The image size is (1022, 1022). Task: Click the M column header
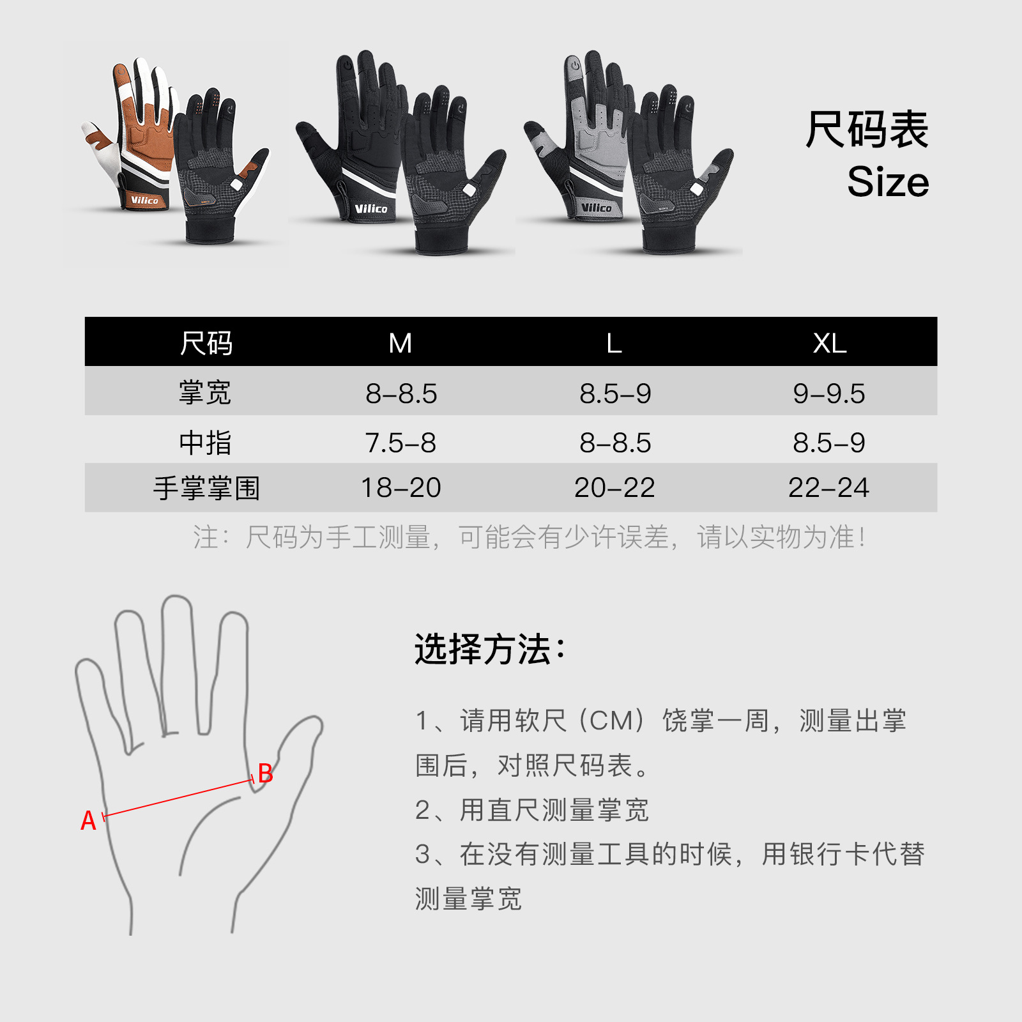click(400, 343)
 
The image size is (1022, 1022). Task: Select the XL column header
click(830, 343)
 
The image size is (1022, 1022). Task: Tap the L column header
click(614, 343)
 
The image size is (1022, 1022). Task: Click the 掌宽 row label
click(205, 392)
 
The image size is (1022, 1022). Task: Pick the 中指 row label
click(205, 442)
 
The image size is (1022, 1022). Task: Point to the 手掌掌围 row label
click(206, 488)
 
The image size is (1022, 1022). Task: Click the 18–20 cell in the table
click(401, 487)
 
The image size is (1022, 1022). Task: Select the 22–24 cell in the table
click(828, 487)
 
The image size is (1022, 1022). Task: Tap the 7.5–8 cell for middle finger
click(400, 443)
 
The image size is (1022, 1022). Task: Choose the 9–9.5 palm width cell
click(829, 393)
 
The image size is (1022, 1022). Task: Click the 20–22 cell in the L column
click(614, 487)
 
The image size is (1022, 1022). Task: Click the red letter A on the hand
click(88, 821)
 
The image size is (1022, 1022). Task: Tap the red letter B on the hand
click(265, 773)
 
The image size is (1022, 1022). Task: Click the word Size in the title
click(888, 182)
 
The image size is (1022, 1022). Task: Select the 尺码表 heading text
click(867, 130)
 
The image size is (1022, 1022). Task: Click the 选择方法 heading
click(490, 650)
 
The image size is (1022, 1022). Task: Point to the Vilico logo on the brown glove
click(144, 201)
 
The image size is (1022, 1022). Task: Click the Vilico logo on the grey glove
click(597, 208)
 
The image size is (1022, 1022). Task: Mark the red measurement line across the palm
click(178, 798)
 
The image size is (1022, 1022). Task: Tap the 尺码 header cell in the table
click(206, 343)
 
